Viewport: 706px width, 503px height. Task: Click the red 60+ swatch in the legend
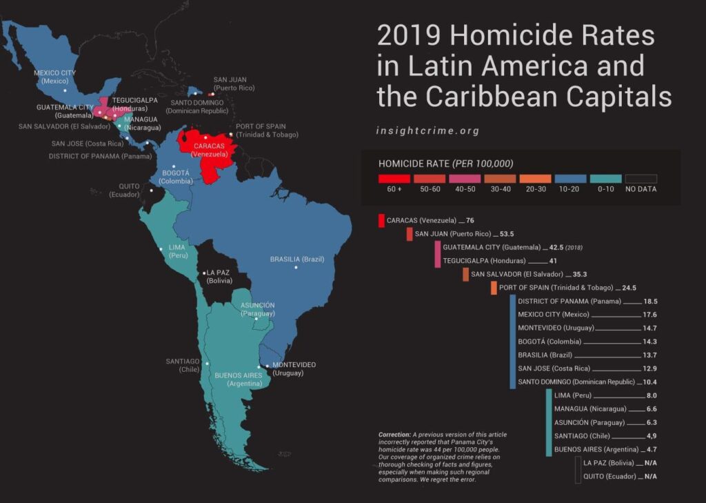[x=394, y=178]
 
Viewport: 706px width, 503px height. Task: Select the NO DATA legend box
[x=641, y=178]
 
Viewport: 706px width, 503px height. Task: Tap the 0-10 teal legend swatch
[x=606, y=178]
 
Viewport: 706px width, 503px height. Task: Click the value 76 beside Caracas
[x=470, y=221]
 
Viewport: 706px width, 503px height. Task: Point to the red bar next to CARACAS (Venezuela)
[x=381, y=221]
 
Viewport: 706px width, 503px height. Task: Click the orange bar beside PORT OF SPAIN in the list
[x=494, y=288]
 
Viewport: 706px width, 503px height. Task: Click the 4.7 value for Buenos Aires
[x=650, y=449]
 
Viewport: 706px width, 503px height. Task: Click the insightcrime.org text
[x=427, y=130]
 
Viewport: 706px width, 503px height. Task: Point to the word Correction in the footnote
[x=394, y=434]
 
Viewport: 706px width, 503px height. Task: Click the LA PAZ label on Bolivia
[x=220, y=273]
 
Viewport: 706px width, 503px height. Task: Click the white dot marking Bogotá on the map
[x=174, y=166]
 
